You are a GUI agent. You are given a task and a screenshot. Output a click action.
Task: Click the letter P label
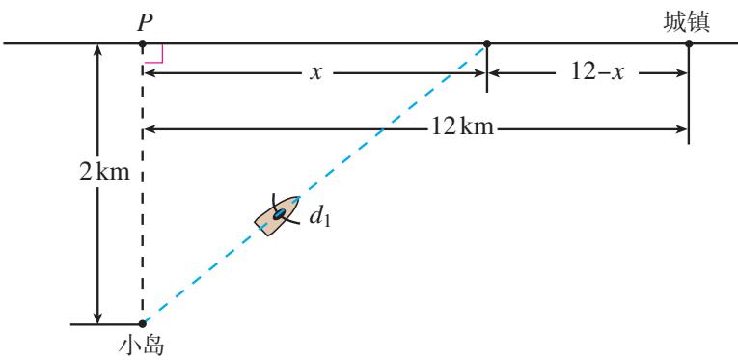146,22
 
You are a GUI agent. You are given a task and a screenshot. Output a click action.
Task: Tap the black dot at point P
143,43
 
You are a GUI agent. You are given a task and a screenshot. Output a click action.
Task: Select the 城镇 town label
687,22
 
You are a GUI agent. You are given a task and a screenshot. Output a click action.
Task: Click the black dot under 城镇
689,43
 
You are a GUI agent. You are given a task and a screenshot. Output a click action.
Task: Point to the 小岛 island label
142,346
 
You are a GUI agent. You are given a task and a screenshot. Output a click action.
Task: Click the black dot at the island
143,323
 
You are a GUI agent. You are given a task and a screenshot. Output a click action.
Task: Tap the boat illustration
277,215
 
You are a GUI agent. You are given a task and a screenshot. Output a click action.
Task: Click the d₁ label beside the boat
319,217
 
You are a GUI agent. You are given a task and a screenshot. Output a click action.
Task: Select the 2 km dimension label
104,172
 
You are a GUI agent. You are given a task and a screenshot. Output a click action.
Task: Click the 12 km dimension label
463,127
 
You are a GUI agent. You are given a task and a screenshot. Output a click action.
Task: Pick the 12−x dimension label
597,73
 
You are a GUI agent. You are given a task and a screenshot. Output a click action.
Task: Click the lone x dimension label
315,73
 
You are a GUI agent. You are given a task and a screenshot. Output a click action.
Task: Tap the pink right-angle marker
155,54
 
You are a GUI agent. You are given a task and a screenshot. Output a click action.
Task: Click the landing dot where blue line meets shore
486,43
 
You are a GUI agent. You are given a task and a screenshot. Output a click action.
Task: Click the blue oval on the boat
280,213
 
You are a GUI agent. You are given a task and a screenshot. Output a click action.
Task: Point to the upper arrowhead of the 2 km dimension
97,49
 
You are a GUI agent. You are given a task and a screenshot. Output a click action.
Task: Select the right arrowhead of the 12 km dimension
682,127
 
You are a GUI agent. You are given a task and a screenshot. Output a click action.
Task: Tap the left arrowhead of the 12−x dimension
493,73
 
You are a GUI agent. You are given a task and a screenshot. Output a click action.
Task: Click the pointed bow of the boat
298,197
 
